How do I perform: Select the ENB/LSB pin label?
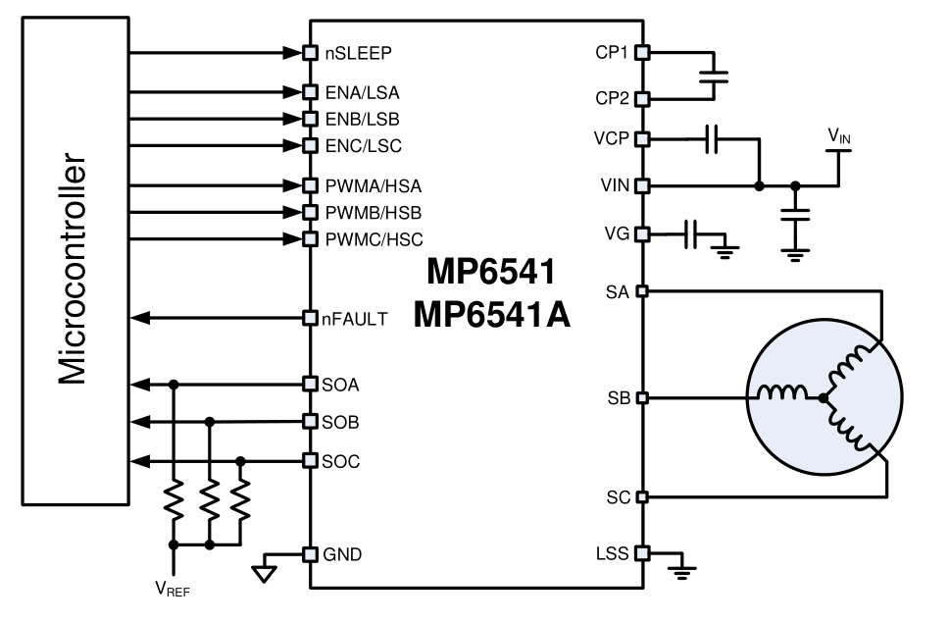pos(362,119)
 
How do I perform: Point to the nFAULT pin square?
pos(309,318)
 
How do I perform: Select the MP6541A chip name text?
pos(493,316)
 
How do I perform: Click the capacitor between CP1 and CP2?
pos(715,76)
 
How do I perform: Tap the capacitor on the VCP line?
pos(714,138)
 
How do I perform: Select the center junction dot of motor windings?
pos(822,397)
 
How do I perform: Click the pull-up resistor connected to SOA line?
pos(174,502)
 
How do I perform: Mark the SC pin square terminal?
pos(643,496)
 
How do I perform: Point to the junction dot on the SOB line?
pos(208,422)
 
